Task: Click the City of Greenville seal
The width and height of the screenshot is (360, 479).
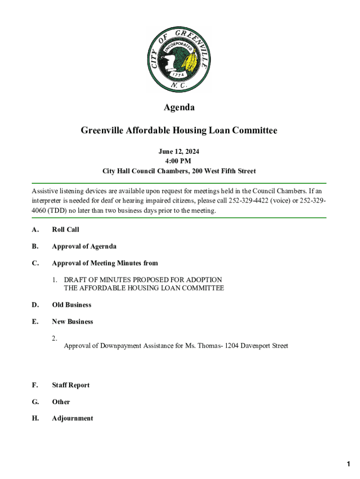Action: (179, 59)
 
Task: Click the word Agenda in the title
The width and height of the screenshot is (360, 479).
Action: (179, 108)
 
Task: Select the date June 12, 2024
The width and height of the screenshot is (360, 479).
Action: (179, 152)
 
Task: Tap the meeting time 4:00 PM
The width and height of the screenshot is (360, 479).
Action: (179, 161)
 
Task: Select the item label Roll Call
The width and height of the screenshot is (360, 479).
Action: (65, 230)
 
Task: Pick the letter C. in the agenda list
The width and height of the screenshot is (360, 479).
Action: (35, 263)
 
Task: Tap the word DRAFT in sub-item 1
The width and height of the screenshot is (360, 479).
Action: (75, 280)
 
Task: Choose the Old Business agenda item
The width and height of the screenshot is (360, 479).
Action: (72, 305)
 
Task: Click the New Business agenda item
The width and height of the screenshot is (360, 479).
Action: (72, 322)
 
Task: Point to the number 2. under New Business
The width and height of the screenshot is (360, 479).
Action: (55, 338)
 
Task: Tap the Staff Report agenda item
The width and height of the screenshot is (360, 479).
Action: (71, 385)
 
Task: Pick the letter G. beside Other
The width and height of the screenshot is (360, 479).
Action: (35, 402)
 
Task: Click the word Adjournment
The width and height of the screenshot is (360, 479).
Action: (72, 419)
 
